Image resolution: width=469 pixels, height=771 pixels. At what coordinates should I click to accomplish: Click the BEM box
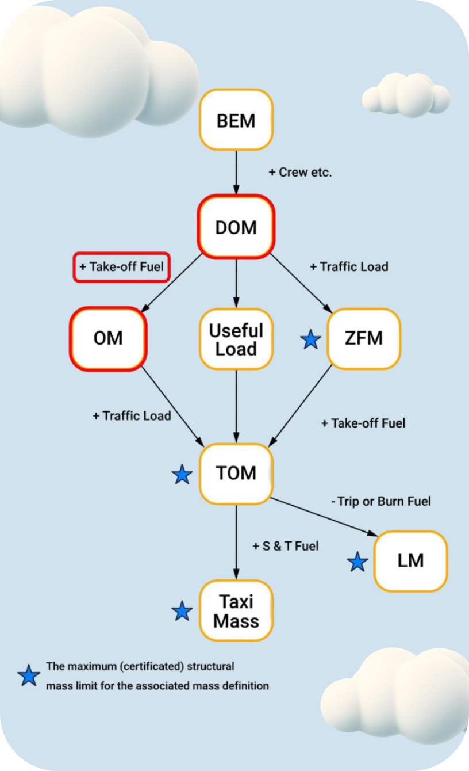tap(236, 120)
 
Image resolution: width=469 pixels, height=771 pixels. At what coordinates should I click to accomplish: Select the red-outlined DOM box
tap(236, 227)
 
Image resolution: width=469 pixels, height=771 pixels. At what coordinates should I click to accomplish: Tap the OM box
tap(108, 338)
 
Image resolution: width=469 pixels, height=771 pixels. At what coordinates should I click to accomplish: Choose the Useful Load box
tap(236, 339)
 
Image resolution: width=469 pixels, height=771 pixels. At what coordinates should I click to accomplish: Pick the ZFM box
tap(363, 338)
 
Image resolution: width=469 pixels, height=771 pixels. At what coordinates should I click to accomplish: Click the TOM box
tap(236, 473)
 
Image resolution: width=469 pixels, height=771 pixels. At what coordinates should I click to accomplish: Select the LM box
tap(410, 561)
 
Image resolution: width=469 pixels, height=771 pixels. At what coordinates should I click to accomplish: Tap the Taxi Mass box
tap(236, 611)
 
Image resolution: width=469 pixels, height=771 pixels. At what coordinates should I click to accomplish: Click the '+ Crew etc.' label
tap(301, 172)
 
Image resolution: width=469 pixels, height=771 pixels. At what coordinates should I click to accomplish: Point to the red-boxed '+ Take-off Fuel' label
tap(121, 267)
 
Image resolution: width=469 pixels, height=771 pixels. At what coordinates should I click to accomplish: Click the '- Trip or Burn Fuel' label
tap(381, 501)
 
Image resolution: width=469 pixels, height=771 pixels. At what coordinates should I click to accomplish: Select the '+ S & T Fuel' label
tap(285, 546)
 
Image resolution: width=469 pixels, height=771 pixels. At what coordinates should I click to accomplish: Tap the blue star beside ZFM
tap(311, 339)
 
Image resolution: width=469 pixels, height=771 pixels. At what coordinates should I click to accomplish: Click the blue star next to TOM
tap(182, 475)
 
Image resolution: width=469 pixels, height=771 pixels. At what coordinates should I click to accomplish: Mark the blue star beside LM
tap(357, 562)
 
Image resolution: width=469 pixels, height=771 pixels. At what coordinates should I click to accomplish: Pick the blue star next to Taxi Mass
tap(182, 611)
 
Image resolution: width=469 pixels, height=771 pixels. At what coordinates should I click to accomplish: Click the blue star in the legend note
tap(29, 675)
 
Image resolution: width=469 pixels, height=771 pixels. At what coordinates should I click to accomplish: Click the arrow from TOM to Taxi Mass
tap(236, 541)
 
